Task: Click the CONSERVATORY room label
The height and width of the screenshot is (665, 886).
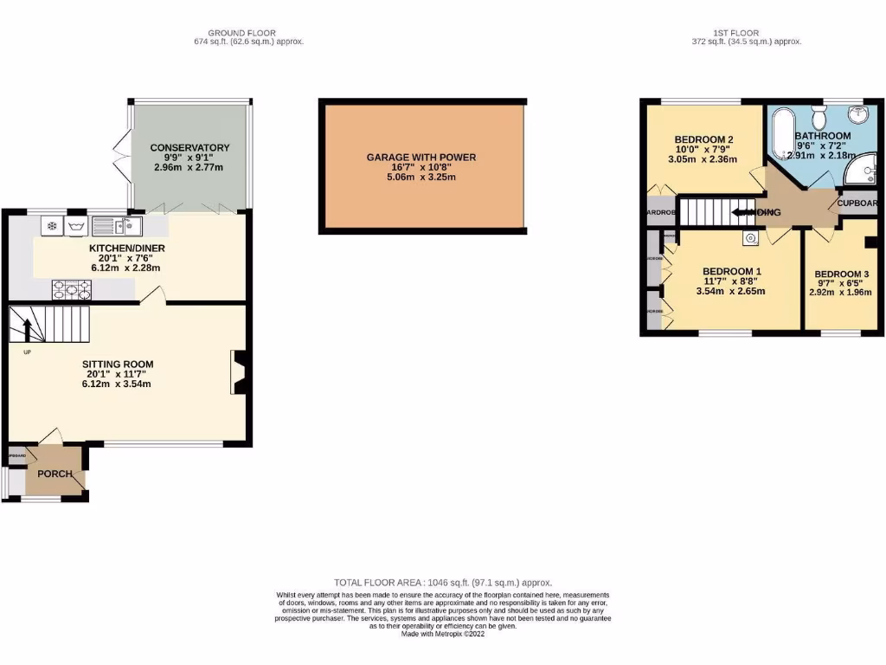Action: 189,148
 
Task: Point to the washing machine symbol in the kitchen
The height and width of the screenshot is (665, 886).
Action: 75,227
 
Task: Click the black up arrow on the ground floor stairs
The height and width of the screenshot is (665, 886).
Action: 26,330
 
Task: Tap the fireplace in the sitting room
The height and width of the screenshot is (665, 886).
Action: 238,372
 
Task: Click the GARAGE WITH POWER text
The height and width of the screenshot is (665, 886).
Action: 421,158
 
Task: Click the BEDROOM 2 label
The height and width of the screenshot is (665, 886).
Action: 704,140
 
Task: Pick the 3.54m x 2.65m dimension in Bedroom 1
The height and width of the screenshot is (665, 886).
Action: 732,291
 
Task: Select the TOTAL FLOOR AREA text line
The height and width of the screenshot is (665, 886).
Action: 442,583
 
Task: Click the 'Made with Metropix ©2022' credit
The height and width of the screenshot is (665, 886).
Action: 442,634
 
